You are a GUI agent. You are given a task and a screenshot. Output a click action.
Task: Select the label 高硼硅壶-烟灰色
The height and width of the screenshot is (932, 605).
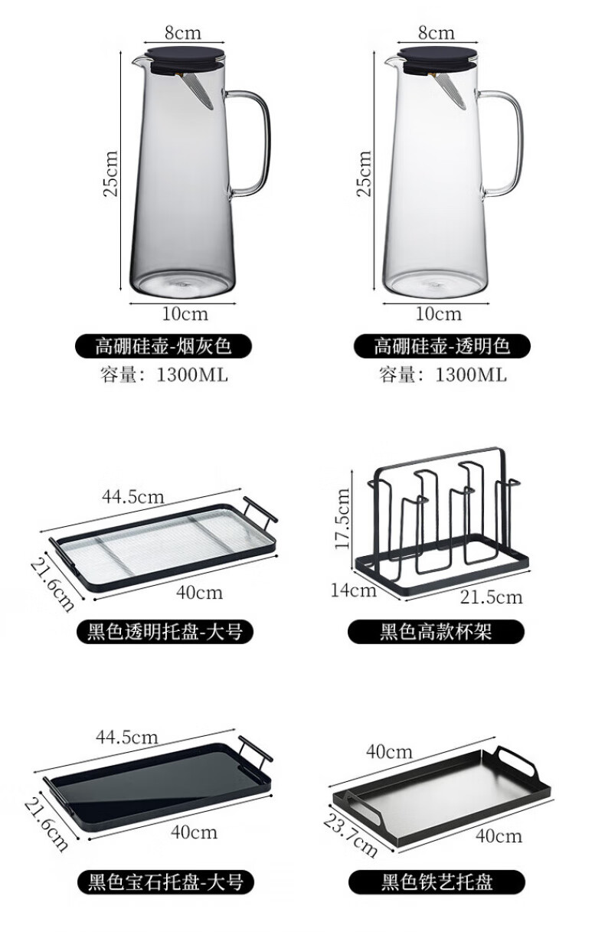pos(163,347)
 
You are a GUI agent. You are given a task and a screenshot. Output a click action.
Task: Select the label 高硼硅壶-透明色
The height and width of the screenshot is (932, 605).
pos(442,347)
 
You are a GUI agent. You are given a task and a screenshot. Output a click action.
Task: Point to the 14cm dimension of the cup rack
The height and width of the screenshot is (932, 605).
pos(355,590)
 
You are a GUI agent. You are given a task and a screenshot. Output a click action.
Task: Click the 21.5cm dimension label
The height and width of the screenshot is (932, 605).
pos(492,597)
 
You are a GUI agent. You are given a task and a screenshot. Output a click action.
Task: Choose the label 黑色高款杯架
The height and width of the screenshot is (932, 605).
pos(436,632)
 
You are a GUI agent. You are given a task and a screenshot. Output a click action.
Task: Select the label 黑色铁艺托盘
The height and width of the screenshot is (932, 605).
pos(437,881)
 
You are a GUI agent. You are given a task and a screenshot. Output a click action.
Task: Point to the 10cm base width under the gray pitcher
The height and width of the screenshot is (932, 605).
pos(184,314)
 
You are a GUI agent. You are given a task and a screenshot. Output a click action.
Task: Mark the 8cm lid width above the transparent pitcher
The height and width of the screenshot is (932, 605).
pos(436,33)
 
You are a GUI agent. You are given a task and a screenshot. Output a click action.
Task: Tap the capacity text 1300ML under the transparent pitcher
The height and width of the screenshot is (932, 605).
pos(470,374)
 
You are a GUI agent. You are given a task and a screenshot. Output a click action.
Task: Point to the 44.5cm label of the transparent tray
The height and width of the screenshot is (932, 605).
pos(132,496)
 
